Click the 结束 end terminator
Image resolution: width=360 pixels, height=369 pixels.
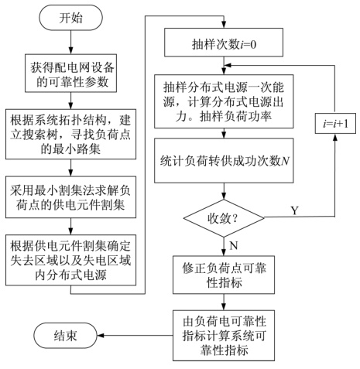click(65, 335)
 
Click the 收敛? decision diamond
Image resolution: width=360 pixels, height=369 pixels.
click(225, 220)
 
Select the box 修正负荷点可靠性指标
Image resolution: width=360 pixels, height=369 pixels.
click(225, 275)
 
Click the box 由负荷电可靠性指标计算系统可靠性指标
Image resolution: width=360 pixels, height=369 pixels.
click(225, 333)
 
